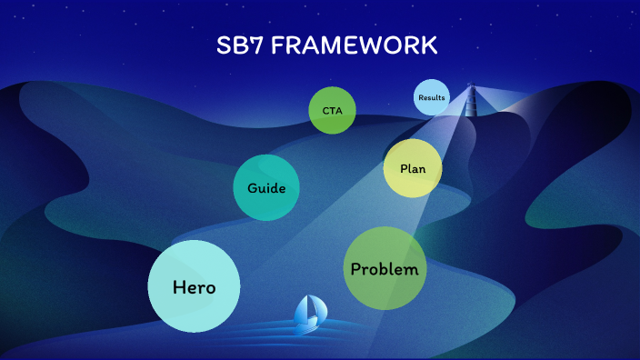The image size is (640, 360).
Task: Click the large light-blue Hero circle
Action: click(x=194, y=286)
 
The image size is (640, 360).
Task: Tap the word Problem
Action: click(x=385, y=269)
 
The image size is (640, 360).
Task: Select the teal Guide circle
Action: click(x=266, y=188)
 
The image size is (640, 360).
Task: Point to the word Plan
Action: click(x=413, y=169)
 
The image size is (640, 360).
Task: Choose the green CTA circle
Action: click(x=332, y=111)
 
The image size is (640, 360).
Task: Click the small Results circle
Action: click(x=432, y=97)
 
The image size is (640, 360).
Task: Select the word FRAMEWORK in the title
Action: click(x=355, y=45)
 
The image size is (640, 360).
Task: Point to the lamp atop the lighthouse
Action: click(x=471, y=87)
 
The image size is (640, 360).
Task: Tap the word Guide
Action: click(x=266, y=189)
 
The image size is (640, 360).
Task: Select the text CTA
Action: click(x=332, y=111)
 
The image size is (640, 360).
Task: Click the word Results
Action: click(x=432, y=97)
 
